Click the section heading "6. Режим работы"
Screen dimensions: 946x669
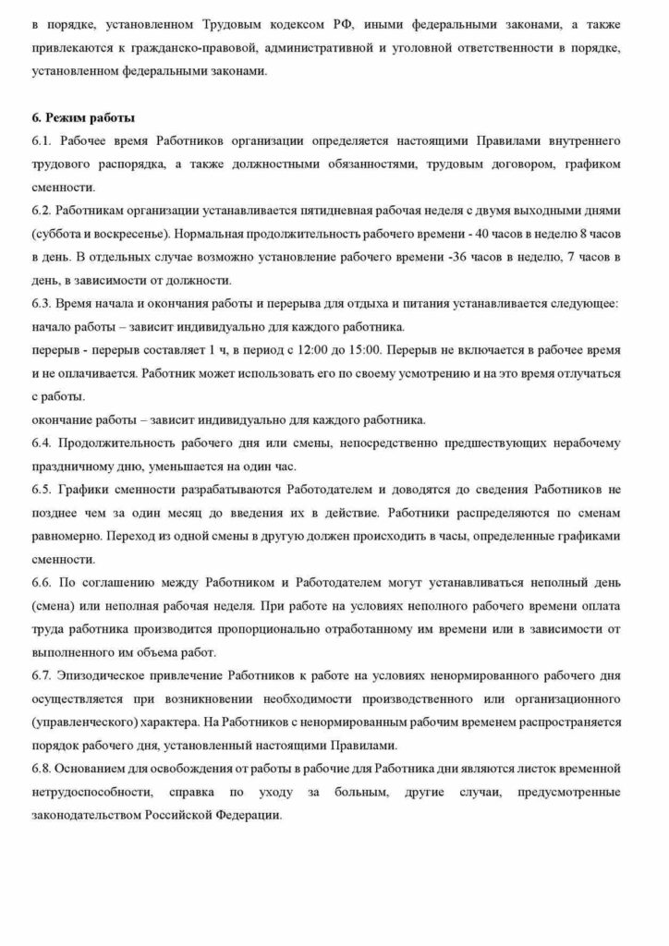point(83,118)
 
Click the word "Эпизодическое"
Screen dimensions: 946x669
point(109,676)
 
